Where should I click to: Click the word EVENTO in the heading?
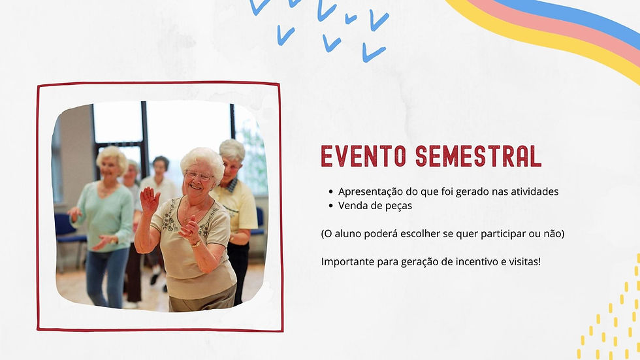point(363,156)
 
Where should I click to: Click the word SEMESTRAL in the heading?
point(478,156)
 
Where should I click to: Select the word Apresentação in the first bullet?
point(371,192)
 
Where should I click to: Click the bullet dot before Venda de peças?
point(330,206)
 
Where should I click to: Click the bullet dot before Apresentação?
point(330,192)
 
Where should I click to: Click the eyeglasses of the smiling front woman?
point(199,176)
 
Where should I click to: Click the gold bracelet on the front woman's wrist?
point(197,244)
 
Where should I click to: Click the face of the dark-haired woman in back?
point(160,166)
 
